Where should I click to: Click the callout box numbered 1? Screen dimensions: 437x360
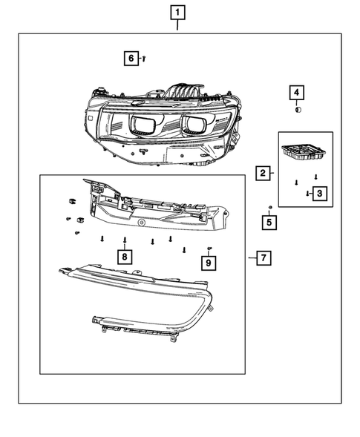coord(177,12)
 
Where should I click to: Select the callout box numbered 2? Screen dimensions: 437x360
coord(262,174)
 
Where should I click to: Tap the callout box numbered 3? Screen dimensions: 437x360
coord(319,194)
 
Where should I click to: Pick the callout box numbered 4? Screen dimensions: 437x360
coord(296,92)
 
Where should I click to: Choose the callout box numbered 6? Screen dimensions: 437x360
coord(131,58)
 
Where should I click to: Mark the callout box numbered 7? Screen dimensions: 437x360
coord(262,258)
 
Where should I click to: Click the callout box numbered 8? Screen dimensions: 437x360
coord(125,257)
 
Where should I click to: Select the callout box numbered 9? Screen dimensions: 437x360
coord(209,262)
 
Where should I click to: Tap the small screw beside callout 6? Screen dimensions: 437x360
coord(144,57)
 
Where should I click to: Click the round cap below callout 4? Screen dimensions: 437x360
coord(297,109)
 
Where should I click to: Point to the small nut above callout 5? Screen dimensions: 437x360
coord(271,206)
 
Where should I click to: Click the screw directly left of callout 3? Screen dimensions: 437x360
coord(307,193)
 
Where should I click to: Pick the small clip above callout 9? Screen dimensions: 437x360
coord(210,247)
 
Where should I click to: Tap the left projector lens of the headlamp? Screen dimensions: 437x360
coord(143,125)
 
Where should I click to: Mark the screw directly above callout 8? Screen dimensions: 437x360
coord(125,240)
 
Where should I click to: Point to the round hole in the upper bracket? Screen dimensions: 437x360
coord(140,223)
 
